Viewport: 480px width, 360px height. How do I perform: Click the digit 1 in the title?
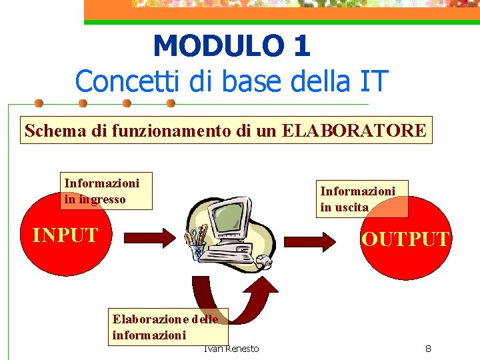[x=301, y=46]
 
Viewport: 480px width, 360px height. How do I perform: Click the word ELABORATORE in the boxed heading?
[x=354, y=130]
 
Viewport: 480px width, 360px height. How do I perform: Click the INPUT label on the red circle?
[x=65, y=235]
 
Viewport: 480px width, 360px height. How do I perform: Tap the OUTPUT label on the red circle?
[x=405, y=239]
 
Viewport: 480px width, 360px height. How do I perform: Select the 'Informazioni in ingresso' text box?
[x=105, y=191]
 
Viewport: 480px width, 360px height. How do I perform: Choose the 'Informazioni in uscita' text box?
[x=361, y=198]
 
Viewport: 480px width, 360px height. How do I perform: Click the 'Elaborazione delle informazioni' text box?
[x=168, y=327]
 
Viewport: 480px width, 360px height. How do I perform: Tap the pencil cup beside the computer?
[x=198, y=247]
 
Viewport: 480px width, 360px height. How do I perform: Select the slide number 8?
[x=428, y=349]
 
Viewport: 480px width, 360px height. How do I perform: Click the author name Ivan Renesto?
[x=231, y=349]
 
